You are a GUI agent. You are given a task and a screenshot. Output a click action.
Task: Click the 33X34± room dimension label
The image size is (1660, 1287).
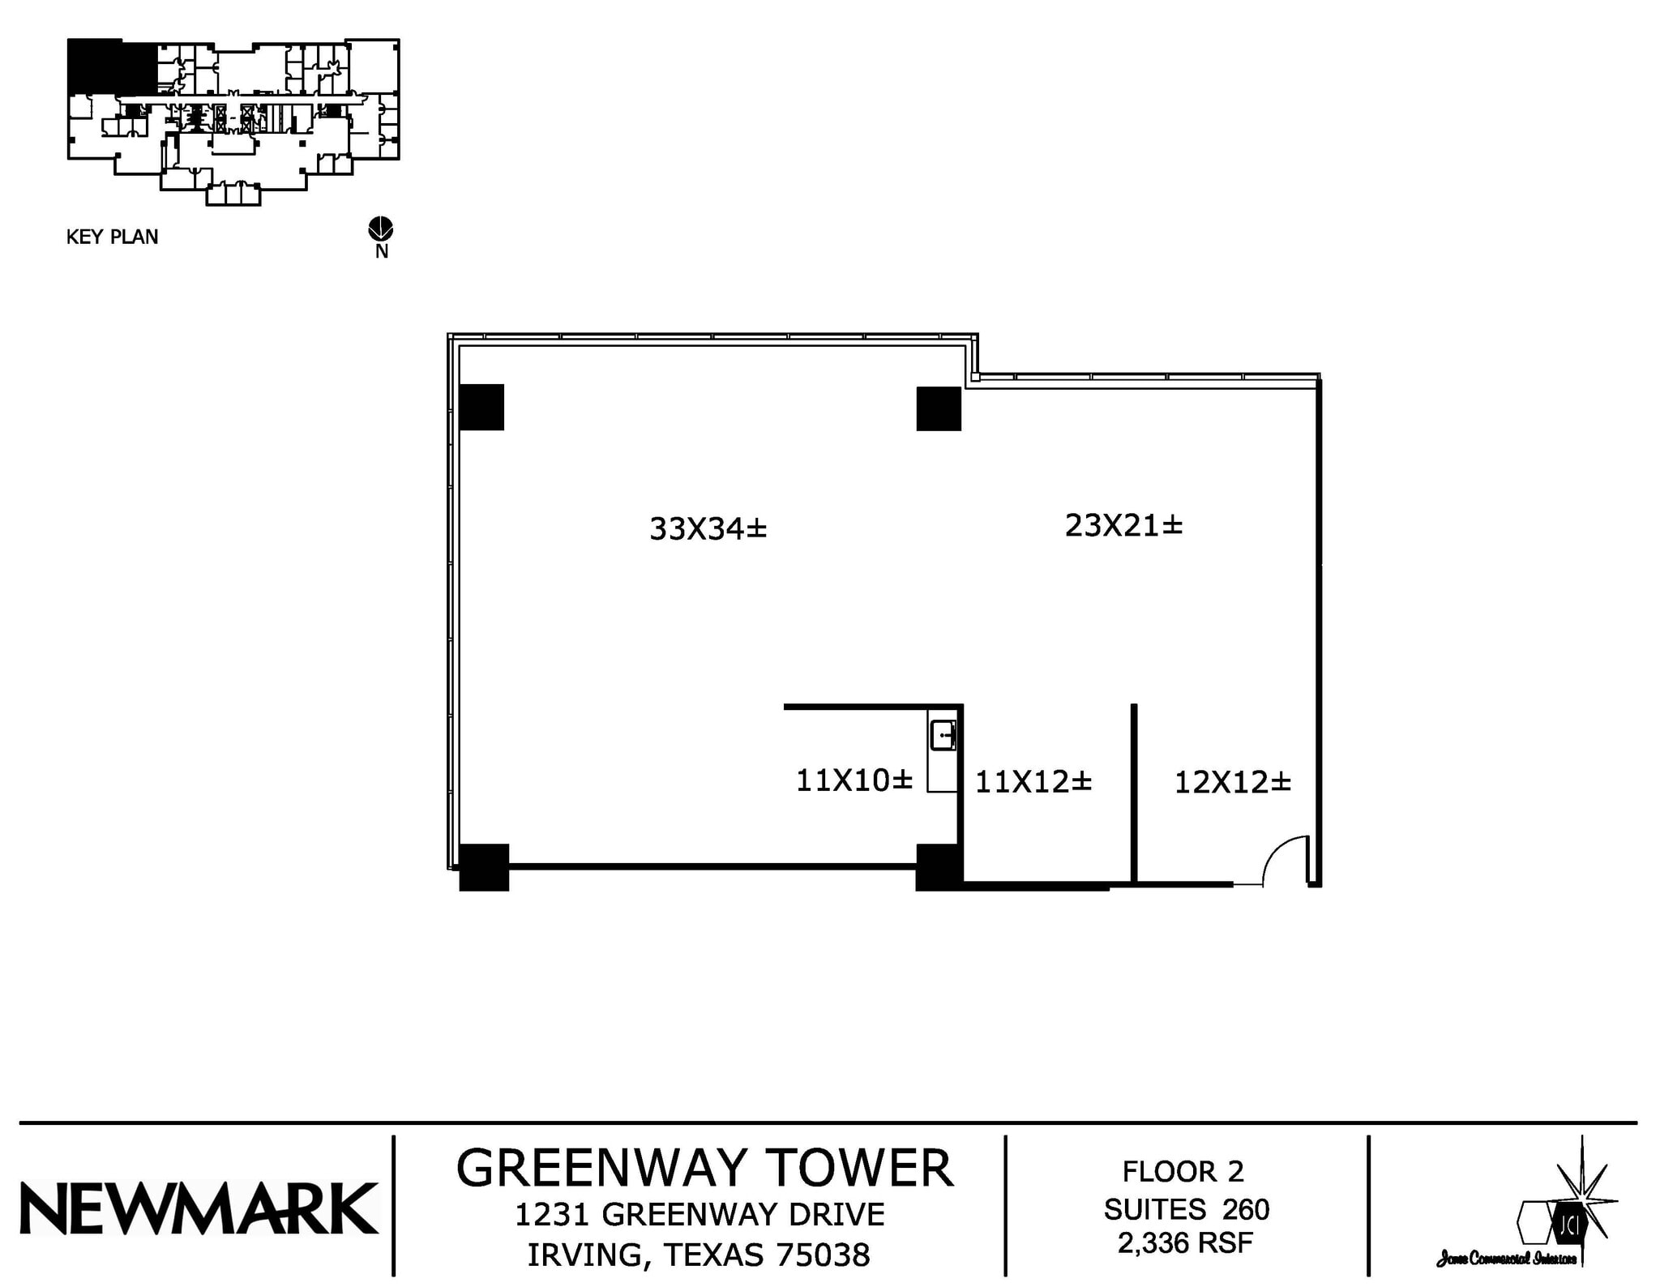[x=708, y=528]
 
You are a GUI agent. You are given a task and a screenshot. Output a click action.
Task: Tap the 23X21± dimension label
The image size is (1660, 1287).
[x=1123, y=525]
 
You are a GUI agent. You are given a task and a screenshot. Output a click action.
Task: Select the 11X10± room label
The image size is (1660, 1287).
[x=854, y=780]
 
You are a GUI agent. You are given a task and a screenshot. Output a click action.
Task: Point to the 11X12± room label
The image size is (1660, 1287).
[x=1033, y=782]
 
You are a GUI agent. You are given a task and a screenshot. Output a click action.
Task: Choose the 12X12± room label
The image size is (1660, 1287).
[x=1232, y=782]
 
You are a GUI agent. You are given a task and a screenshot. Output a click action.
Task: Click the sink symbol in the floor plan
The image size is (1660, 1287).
[x=943, y=736]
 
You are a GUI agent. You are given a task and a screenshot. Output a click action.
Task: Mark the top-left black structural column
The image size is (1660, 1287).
[x=481, y=407]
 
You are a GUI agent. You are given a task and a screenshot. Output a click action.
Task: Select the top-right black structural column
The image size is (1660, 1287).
[x=939, y=409]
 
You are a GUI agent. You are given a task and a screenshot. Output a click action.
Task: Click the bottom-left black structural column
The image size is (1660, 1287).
[x=484, y=867]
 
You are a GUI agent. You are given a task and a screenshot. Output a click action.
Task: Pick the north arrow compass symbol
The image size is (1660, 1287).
[x=381, y=229]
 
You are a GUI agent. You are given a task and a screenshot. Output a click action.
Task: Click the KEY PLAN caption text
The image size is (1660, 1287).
[x=112, y=237]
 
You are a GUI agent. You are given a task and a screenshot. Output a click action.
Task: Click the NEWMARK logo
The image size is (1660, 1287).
[x=199, y=1208]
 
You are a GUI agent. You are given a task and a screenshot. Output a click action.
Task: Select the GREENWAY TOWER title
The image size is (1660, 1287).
[x=704, y=1168]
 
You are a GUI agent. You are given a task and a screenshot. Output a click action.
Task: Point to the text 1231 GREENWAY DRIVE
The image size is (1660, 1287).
[x=700, y=1214]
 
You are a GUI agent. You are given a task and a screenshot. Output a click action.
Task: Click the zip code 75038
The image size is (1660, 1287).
[x=823, y=1255]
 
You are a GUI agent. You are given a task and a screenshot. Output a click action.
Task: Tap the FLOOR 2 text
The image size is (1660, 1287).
[x=1182, y=1171]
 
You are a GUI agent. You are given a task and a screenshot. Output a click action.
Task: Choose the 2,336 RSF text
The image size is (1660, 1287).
[x=1185, y=1242]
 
